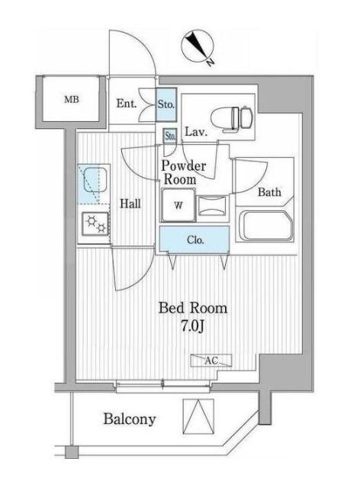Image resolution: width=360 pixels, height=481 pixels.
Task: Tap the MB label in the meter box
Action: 71,100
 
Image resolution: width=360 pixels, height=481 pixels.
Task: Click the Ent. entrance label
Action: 127,104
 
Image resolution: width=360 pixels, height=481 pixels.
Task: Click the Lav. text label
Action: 194,131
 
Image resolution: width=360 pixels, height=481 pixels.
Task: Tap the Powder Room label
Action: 182,172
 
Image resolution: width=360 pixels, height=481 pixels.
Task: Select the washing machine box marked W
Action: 177,205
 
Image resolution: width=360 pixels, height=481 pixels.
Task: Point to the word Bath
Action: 268,192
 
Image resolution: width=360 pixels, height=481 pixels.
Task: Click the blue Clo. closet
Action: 194,240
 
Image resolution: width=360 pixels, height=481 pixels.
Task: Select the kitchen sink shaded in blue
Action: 95,184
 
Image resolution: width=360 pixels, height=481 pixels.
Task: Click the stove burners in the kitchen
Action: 96,223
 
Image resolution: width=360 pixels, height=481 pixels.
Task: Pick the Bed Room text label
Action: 192,309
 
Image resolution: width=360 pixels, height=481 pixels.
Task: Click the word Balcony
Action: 129,418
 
